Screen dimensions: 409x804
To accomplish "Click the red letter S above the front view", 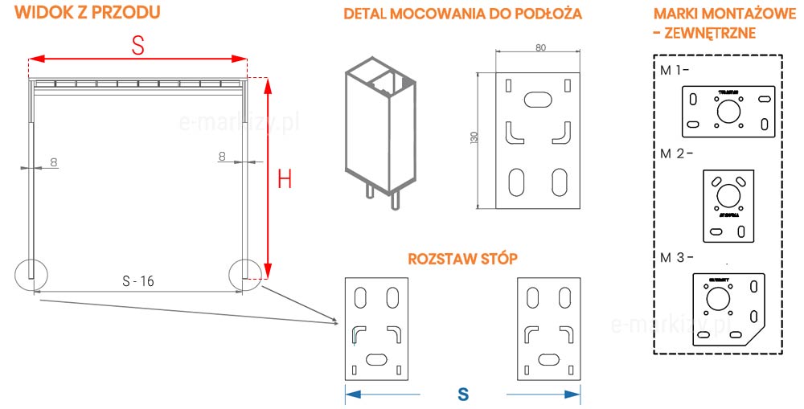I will [x=137, y=47].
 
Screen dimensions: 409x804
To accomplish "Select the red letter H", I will [x=284, y=179].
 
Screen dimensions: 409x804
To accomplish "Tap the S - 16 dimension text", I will [x=137, y=281].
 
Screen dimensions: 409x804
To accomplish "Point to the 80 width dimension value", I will [x=539, y=47].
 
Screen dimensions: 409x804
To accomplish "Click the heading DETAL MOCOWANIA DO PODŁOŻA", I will [x=462, y=14].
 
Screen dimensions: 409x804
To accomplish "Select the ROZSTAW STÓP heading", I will [x=462, y=260].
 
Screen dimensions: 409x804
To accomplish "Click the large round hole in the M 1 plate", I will [x=728, y=112].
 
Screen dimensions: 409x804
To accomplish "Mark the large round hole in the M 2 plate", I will [x=728, y=194].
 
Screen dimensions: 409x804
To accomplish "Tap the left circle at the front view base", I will [x=31, y=274].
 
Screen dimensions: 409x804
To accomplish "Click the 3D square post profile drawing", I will [x=379, y=129].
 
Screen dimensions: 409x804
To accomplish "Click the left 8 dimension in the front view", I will [x=54, y=162].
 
